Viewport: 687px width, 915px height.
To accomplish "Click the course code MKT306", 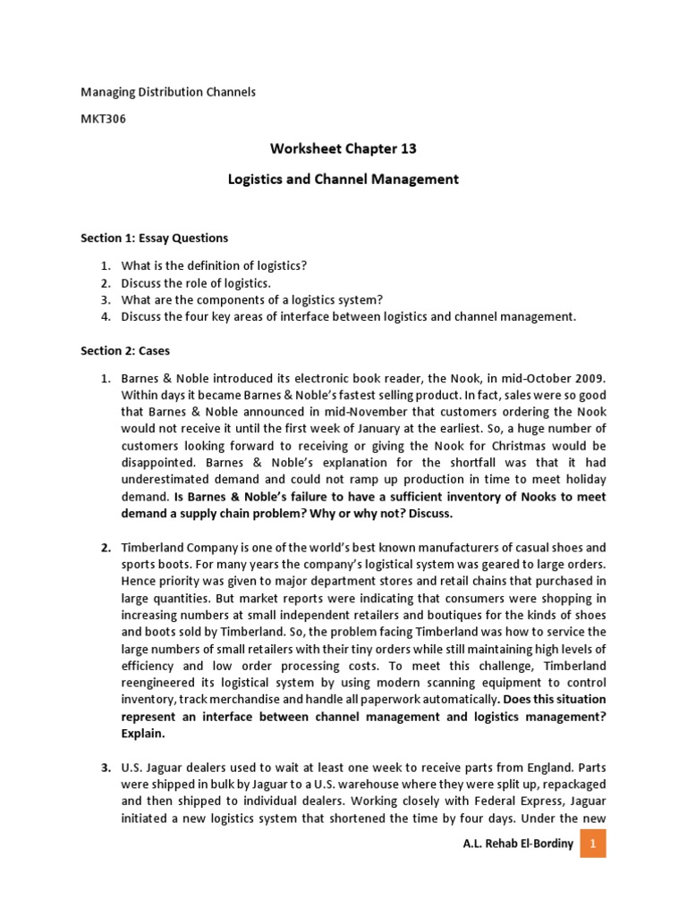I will (x=103, y=120).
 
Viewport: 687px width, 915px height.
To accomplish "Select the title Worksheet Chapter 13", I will (x=343, y=148).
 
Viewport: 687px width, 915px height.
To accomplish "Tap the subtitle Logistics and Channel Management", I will (x=343, y=179).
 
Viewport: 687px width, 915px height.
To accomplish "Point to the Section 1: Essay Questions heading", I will (x=154, y=238).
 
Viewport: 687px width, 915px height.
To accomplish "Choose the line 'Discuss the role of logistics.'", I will (x=196, y=282).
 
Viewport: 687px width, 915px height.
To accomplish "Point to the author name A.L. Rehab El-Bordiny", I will (x=518, y=844).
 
